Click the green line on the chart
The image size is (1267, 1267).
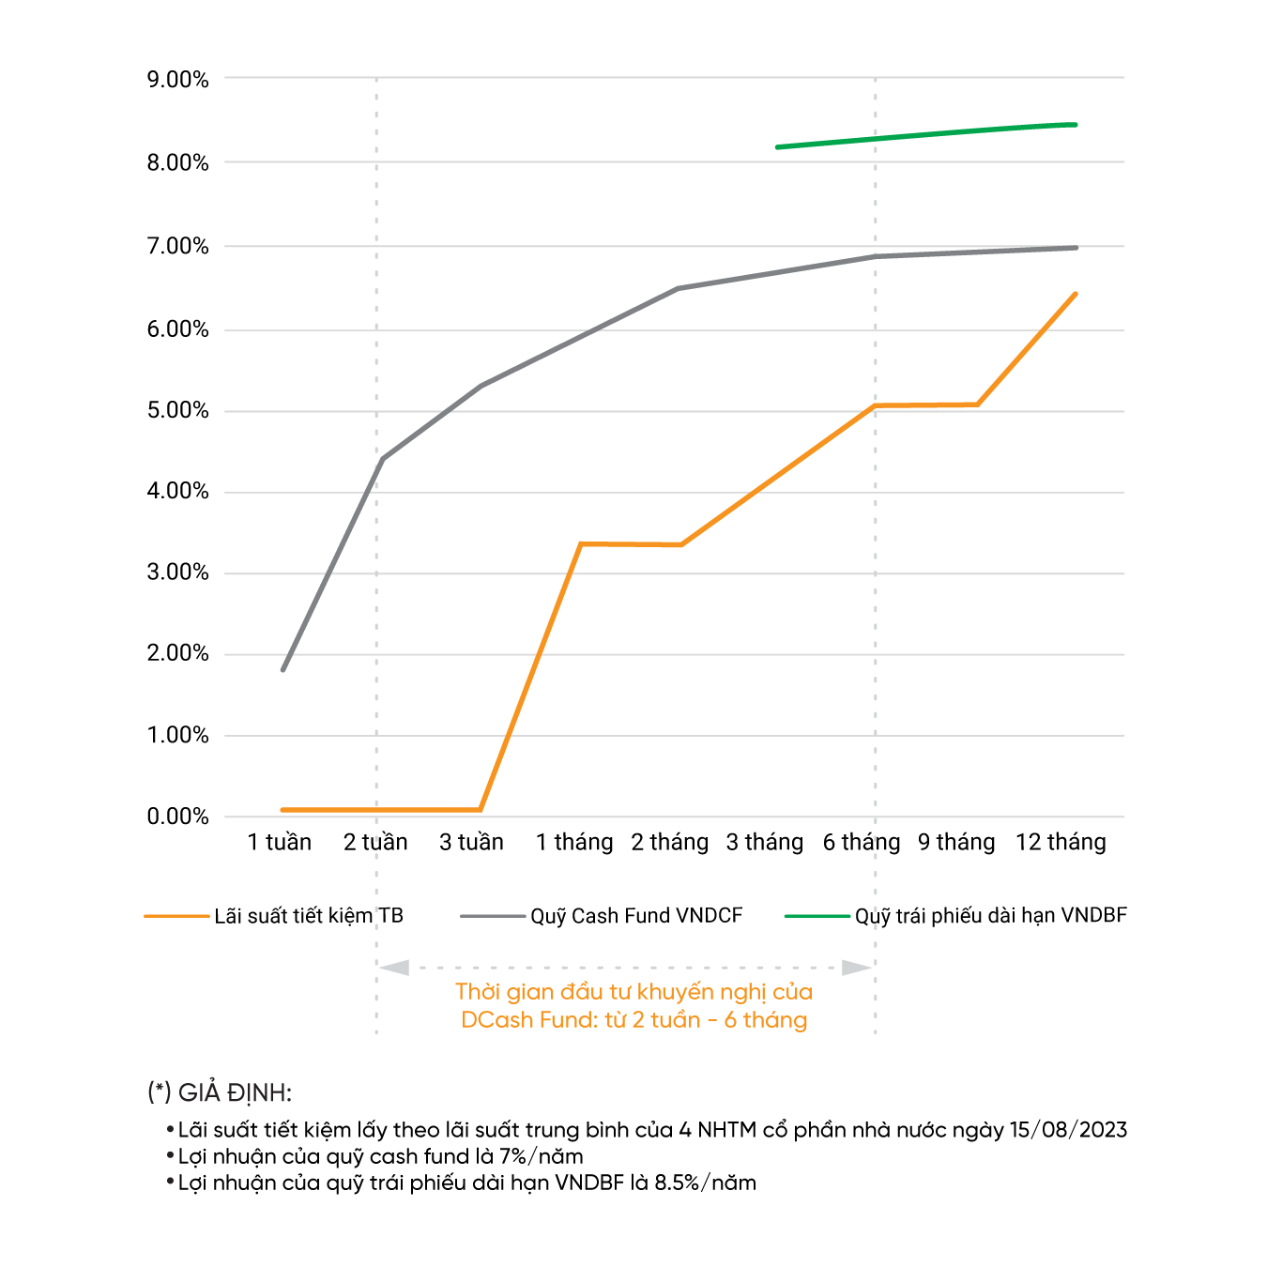pyautogui.click(x=926, y=135)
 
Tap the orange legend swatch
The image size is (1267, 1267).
pyautogui.click(x=176, y=916)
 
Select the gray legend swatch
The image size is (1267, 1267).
pyautogui.click(x=493, y=916)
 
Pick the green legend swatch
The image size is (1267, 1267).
pyautogui.click(x=817, y=916)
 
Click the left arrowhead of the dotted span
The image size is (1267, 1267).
pyautogui.click(x=393, y=967)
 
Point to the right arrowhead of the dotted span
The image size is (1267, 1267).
pyautogui.click(x=858, y=967)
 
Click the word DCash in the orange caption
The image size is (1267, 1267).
pyautogui.click(x=496, y=1020)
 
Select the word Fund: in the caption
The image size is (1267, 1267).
pyautogui.click(x=569, y=1020)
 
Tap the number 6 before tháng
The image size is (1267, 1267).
pyautogui.click(x=730, y=1020)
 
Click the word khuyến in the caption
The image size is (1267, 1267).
pyautogui.click(x=672, y=992)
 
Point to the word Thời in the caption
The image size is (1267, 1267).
pyautogui.click(x=478, y=992)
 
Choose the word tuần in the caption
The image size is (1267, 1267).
pyautogui.click(x=675, y=1020)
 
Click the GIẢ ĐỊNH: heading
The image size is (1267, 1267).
pyautogui.click(x=220, y=1093)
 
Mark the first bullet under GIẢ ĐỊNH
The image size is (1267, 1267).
pyautogui.click(x=170, y=1129)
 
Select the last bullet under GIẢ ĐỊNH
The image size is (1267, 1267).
pyautogui.click(x=170, y=1181)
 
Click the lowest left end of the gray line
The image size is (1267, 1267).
pyautogui.click(x=283, y=669)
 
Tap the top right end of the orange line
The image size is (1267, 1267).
pyautogui.click(x=1076, y=294)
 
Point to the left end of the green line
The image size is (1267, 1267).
pyautogui.click(x=778, y=147)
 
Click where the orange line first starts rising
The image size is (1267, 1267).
pyautogui.click(x=481, y=809)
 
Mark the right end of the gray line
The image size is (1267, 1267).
pyautogui.click(x=1076, y=248)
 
